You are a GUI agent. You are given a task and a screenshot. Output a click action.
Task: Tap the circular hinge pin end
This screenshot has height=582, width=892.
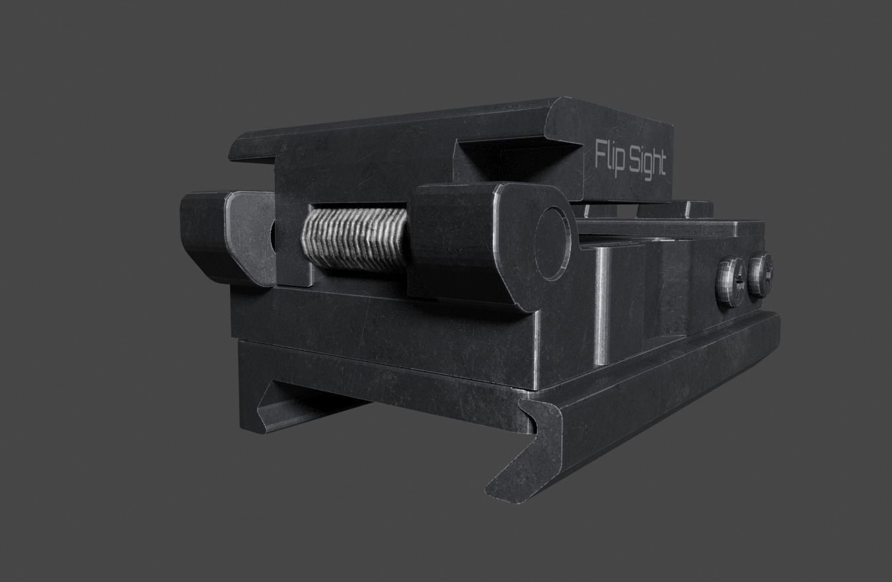click(552, 243)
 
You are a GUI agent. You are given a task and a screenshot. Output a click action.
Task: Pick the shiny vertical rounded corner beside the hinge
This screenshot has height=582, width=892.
click(603, 304)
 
